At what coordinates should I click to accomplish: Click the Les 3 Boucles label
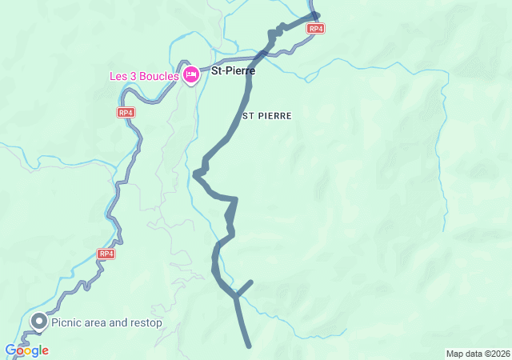point(145,77)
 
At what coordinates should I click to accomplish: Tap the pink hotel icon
point(191,75)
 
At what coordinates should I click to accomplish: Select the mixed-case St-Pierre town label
point(233,71)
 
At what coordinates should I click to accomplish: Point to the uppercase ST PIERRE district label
point(267,116)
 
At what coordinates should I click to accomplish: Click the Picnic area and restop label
point(106,323)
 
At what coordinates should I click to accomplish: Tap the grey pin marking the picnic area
point(38,322)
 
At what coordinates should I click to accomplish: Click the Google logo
point(26,350)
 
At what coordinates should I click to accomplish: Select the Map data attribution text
point(477,354)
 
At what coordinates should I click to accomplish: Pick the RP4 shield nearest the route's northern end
point(316,28)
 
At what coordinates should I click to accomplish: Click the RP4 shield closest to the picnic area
point(106,254)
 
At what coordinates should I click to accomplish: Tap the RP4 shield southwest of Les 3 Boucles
point(126,113)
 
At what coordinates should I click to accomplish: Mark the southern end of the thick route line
point(250,346)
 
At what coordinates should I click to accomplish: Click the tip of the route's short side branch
point(251,282)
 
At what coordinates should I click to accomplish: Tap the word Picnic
point(66,323)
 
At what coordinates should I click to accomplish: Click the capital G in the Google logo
point(10,350)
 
